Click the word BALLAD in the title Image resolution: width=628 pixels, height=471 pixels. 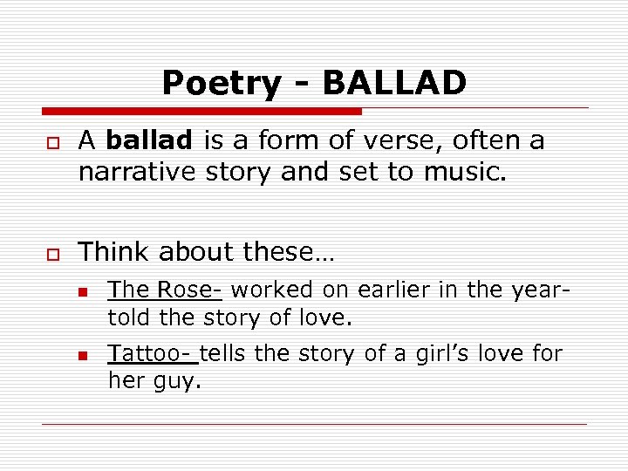click(x=394, y=84)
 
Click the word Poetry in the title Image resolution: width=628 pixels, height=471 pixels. click(x=222, y=85)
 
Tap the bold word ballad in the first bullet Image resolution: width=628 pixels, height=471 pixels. click(x=152, y=140)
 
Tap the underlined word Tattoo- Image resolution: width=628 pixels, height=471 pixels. click(x=153, y=353)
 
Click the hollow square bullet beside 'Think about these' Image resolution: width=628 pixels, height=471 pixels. click(x=52, y=254)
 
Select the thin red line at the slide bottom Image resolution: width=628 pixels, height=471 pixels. click(x=314, y=424)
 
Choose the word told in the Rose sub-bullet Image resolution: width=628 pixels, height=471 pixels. click(x=127, y=317)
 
